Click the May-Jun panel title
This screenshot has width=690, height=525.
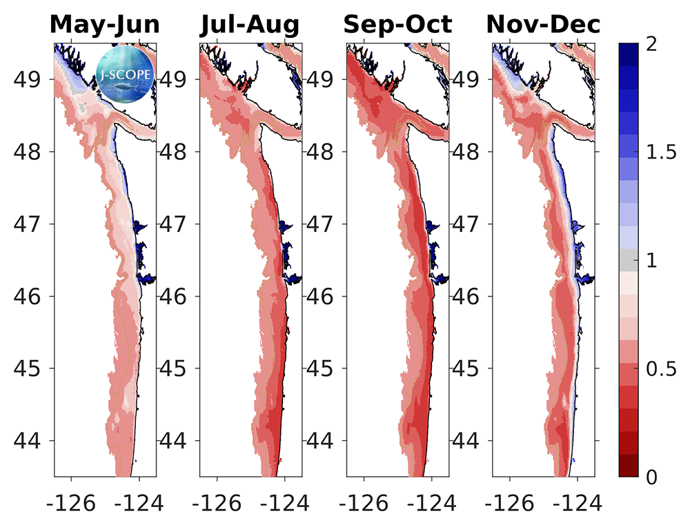pyautogui.click(x=105, y=25)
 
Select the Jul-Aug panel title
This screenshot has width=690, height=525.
pyautogui.click(x=250, y=25)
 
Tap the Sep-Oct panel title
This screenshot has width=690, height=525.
pyautogui.click(x=397, y=25)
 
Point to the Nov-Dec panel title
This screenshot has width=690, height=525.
pyautogui.click(x=543, y=25)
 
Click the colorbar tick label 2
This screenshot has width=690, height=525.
pyautogui.click(x=651, y=46)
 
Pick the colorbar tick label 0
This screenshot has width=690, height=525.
pyautogui.click(x=651, y=477)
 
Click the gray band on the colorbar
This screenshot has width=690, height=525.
pyautogui.click(x=628, y=260)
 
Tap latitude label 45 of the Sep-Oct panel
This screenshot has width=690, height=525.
pyautogui.click(x=323, y=368)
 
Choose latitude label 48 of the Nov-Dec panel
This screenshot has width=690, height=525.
pyautogui.click(x=469, y=151)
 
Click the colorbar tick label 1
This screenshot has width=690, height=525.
pyautogui.click(x=651, y=261)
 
